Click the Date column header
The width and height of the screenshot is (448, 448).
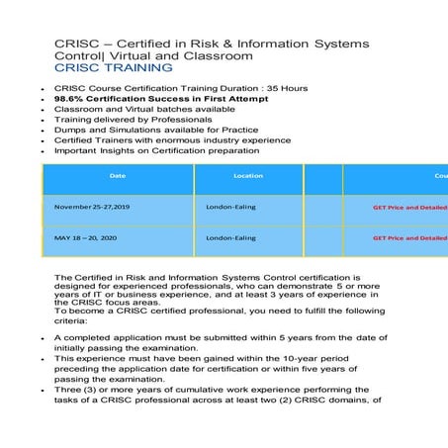[118, 176]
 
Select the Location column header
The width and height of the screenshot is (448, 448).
[248, 176]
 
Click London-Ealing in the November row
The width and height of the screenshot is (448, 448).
[230, 208]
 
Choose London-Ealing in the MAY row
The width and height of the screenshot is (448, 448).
[230, 237]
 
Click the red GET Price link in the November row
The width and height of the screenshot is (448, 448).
[409, 208]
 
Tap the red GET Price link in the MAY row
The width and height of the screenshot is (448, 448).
[409, 237]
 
